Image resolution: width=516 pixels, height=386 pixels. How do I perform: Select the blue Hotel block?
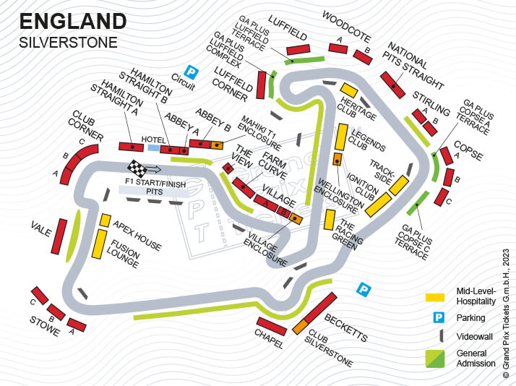(153, 148)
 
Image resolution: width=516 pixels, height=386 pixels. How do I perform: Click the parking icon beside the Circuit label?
(191, 72)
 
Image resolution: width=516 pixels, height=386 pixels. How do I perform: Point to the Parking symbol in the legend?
(437, 317)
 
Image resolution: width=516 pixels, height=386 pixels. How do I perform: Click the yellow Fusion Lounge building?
(98, 244)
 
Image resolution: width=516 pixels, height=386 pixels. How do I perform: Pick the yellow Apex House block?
(105, 220)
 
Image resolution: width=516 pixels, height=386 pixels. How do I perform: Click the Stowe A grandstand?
(77, 325)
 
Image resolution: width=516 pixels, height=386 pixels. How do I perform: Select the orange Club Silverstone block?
(301, 326)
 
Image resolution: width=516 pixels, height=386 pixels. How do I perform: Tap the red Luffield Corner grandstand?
(261, 85)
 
